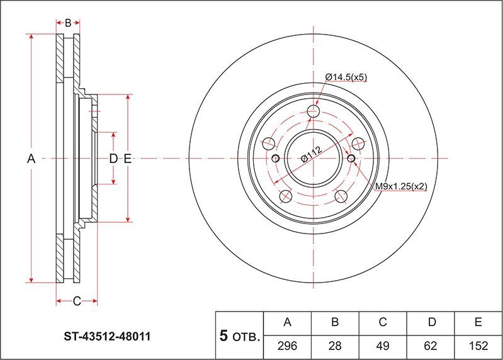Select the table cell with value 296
pos(288,345)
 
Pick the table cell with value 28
pos(335,345)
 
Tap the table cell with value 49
pos(382,345)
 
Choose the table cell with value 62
pos(431,345)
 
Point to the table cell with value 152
pos(478,345)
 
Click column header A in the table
pos(288,323)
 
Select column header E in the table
pos(478,323)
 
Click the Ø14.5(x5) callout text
pos(346,77)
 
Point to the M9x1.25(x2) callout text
pos(401,186)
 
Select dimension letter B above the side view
pos(68,23)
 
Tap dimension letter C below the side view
pos(76,301)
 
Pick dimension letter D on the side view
pos(113,159)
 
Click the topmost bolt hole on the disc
pos(314,113)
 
